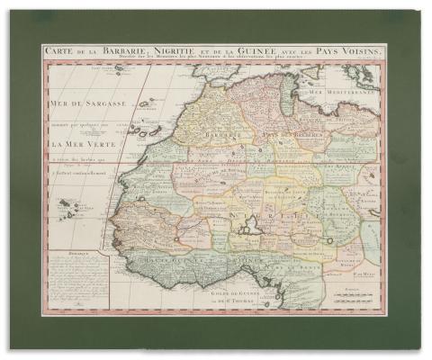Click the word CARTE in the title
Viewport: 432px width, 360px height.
click(61, 52)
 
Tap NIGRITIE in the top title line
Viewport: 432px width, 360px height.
click(180, 52)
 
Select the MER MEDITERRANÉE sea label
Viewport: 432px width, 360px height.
click(351, 93)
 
